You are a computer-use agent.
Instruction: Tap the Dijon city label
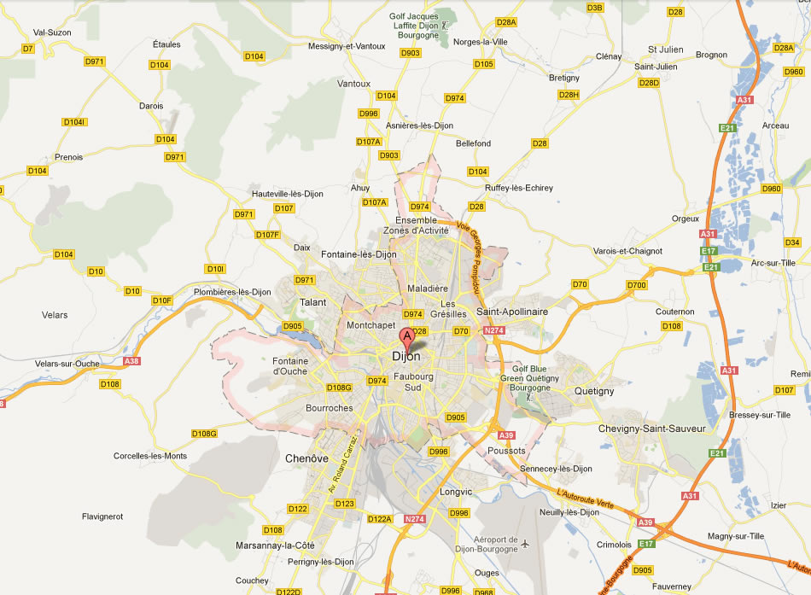pyautogui.click(x=405, y=357)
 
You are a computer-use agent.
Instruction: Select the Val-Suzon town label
pyautogui.click(x=51, y=32)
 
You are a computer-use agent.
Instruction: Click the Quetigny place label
pyautogui.click(x=594, y=391)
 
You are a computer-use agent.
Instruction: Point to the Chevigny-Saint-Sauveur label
pyautogui.click(x=653, y=429)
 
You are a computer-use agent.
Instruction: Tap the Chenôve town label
pyautogui.click(x=306, y=458)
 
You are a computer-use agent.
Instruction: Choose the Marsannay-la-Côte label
pyautogui.click(x=275, y=545)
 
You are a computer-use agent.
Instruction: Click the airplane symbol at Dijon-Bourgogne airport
pyautogui.click(x=526, y=544)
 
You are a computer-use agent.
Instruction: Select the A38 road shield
pyautogui.click(x=131, y=360)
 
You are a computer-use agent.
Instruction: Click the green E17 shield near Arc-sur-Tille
pyautogui.click(x=709, y=251)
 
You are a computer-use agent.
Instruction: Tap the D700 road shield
pyautogui.click(x=636, y=284)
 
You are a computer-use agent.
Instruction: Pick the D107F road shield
pyautogui.click(x=267, y=235)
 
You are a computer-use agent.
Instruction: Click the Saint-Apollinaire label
pyautogui.click(x=511, y=312)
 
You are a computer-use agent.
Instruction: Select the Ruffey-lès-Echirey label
pyautogui.click(x=518, y=188)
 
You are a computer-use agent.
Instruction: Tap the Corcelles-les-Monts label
pyautogui.click(x=150, y=456)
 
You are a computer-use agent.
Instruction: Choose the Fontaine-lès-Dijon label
pyautogui.click(x=359, y=254)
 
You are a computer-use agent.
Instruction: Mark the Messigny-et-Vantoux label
pyautogui.click(x=347, y=45)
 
